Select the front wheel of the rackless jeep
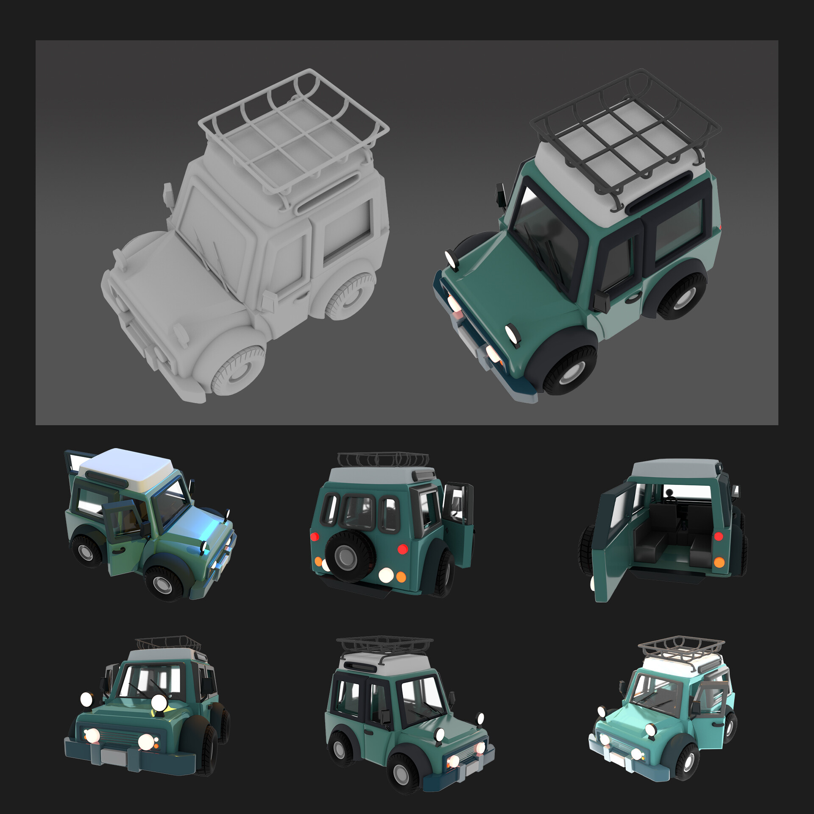pyautogui.click(x=163, y=583)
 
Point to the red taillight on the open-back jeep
pyautogui.click(x=718, y=536)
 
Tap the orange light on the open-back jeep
pyautogui.click(x=719, y=562)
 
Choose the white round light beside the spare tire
pyautogui.click(x=386, y=575)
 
